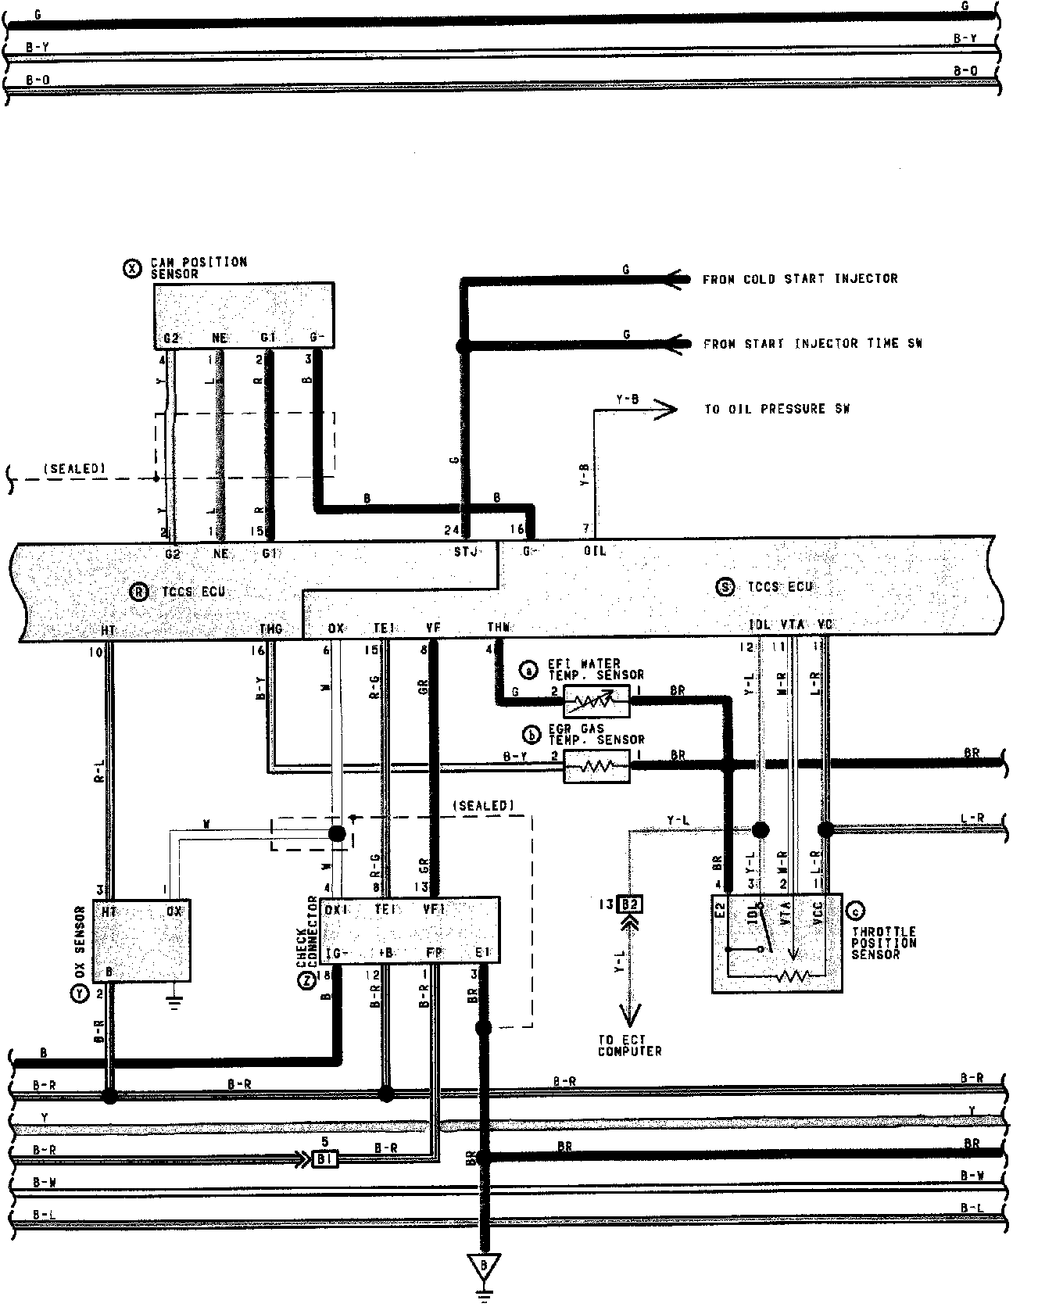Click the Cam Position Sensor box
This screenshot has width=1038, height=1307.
click(x=243, y=315)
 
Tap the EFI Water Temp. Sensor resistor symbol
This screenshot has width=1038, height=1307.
click(x=596, y=702)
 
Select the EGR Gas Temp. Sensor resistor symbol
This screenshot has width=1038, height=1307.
click(x=596, y=767)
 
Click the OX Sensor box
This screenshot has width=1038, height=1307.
click(x=141, y=940)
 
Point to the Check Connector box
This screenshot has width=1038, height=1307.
click(x=410, y=929)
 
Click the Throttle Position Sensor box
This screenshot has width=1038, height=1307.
click(x=777, y=943)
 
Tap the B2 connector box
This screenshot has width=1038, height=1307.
click(x=630, y=904)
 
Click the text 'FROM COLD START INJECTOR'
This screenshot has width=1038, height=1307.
click(x=800, y=278)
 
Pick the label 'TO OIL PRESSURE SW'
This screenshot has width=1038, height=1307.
click(x=776, y=408)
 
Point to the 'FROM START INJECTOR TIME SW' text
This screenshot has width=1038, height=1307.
click(x=812, y=343)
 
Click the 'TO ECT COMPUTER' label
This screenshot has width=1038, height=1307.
click(x=629, y=1045)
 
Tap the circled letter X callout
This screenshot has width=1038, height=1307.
click(x=133, y=268)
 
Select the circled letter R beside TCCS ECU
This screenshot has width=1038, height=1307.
click(x=138, y=592)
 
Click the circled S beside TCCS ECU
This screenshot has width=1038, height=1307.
click(x=725, y=587)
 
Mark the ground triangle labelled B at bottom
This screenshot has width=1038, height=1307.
click(x=485, y=1265)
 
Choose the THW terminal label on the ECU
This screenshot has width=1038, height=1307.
click(x=499, y=627)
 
